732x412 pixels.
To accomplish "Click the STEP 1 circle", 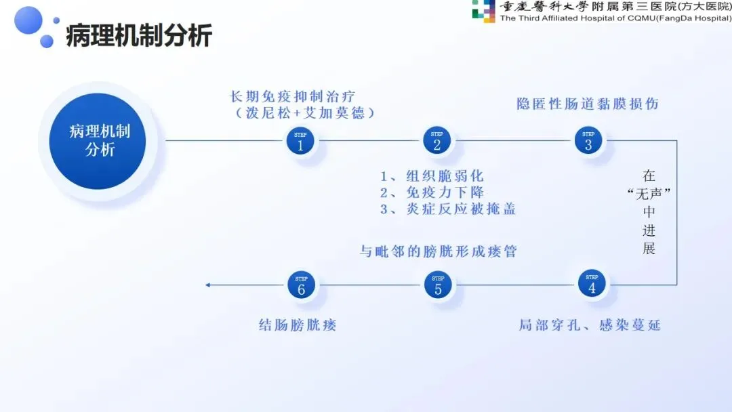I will (301, 141).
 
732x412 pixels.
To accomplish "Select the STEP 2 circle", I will (437, 141).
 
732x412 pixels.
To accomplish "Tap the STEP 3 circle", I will (588, 141).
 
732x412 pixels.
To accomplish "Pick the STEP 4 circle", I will (592, 284).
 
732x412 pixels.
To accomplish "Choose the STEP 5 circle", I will (438, 285).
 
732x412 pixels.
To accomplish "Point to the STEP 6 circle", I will (302, 285).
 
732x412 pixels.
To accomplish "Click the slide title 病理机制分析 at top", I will (138, 35).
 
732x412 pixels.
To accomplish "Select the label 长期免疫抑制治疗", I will (302, 96).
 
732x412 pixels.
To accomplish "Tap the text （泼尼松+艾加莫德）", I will (302, 113).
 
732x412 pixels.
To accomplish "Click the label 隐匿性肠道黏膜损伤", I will (588, 104).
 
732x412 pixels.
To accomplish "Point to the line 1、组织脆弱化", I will (432, 176).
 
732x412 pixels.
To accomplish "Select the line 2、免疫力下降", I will (432, 192).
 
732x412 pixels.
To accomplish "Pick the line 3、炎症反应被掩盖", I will (448, 209).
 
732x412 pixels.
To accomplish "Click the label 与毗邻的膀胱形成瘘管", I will (438, 251).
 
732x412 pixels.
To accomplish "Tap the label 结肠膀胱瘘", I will (298, 325).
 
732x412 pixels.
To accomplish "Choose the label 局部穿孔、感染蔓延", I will (590, 325).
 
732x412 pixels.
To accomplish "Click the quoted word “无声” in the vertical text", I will (649, 193).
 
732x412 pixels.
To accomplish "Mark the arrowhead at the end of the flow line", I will (208, 285).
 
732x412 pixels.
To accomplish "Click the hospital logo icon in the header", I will (483, 12).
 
